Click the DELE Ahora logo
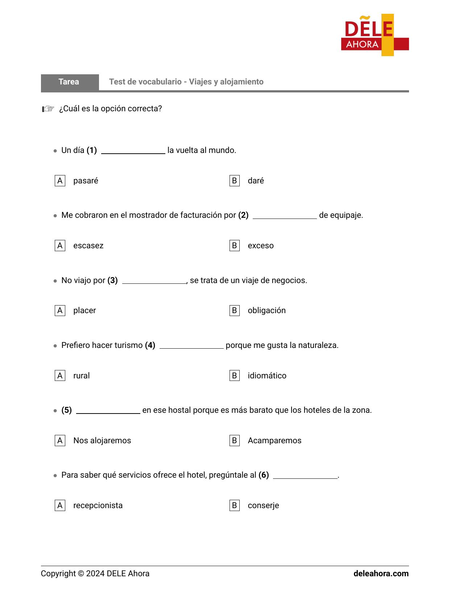coord(375,35)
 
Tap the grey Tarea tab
coord(69,82)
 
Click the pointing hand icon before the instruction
coord(48,109)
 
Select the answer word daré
coord(256,181)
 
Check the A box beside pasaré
coord(60,180)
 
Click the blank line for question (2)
coord(285,216)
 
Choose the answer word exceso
coord(260,246)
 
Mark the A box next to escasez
coord(60,246)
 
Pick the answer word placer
coord(84,311)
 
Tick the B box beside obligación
coord(234,311)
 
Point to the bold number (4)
coord(150,345)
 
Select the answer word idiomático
coord(267,376)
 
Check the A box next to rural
coord(60,375)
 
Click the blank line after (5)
coord(108,411)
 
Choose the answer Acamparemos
coord(274,441)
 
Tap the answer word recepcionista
coord(98,506)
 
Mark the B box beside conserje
coord(234,505)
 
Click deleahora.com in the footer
coord(381,574)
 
